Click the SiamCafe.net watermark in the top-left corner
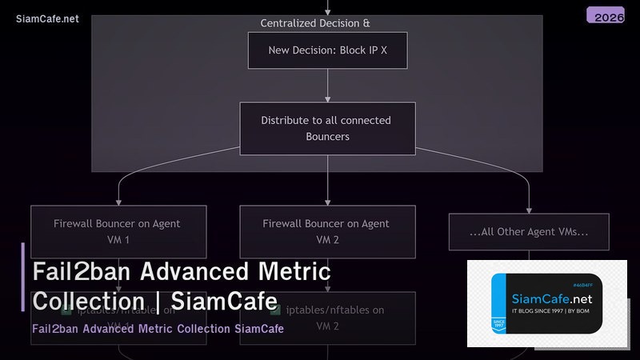47,18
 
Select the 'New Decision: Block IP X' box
327,50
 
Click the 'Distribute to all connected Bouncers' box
327,129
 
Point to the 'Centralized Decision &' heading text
315,23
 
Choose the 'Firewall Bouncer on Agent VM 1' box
118,231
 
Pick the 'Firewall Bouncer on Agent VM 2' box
327,231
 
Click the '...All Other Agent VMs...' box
529,232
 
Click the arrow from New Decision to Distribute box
327,86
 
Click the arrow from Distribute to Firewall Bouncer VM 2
327,180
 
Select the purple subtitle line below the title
158,329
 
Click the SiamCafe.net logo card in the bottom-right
546,304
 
